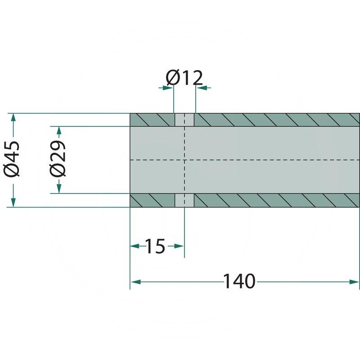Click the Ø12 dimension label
(x=184, y=78)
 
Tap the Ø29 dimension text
(x=58, y=160)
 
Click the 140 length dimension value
(x=239, y=282)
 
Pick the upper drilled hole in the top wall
(x=184, y=120)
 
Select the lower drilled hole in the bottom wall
(x=184, y=200)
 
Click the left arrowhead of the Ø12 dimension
(x=168, y=88)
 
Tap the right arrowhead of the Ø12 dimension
(x=201, y=88)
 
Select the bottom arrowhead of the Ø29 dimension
(x=58, y=188)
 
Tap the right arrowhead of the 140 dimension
(x=354, y=282)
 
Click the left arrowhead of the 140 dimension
(x=135, y=282)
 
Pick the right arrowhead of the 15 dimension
(x=179, y=246)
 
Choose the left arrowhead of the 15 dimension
(x=135, y=246)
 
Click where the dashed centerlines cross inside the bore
(x=184, y=160)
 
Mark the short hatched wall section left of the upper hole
(x=152, y=120)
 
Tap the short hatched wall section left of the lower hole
(x=152, y=200)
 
